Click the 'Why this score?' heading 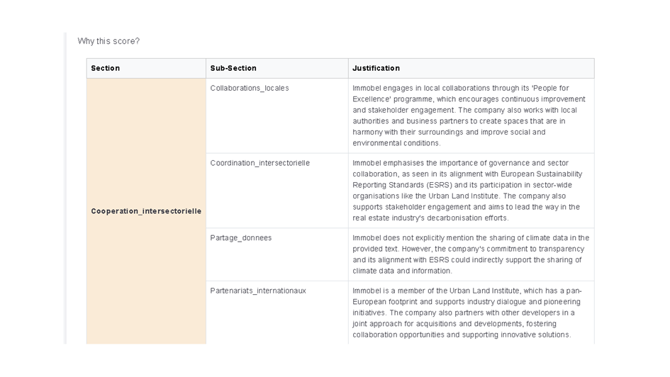[x=108, y=41]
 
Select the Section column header [x=105, y=68]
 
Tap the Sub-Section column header [x=233, y=68]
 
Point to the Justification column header [x=376, y=68]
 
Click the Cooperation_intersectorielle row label [x=146, y=211]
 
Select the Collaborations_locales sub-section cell [x=250, y=88]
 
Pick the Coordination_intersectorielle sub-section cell [x=259, y=163]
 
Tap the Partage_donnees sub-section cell [x=240, y=238]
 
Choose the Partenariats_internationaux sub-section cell [x=258, y=291]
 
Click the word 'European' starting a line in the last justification [x=370, y=302]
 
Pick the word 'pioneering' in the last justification [x=562, y=302]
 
